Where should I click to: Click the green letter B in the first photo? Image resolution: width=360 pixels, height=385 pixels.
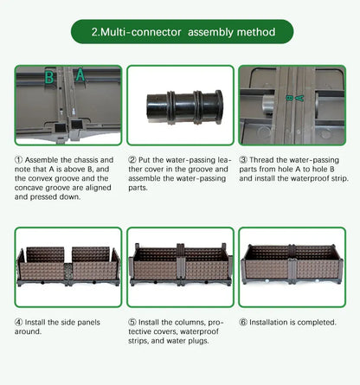(49, 77)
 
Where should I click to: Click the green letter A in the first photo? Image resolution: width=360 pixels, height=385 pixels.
(80, 74)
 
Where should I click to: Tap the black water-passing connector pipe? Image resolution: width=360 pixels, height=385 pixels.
(184, 107)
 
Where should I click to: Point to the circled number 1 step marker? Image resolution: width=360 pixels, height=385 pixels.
(18, 160)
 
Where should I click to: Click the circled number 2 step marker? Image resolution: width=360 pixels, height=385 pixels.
(132, 160)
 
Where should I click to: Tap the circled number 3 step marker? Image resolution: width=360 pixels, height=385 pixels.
(243, 160)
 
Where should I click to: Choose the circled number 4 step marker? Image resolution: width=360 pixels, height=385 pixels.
(18, 322)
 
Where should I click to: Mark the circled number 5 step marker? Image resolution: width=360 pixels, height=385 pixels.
(132, 322)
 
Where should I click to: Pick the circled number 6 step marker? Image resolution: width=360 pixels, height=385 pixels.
(243, 322)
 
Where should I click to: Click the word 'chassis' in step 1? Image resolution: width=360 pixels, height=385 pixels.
(86, 160)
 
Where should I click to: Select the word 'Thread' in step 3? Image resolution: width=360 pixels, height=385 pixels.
(261, 160)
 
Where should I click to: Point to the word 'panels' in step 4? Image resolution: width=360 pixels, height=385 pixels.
(87, 323)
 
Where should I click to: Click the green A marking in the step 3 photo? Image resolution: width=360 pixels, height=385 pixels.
(300, 99)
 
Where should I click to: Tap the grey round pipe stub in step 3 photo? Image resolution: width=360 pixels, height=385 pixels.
(267, 105)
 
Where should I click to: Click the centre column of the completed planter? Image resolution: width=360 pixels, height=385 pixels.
(292, 263)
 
